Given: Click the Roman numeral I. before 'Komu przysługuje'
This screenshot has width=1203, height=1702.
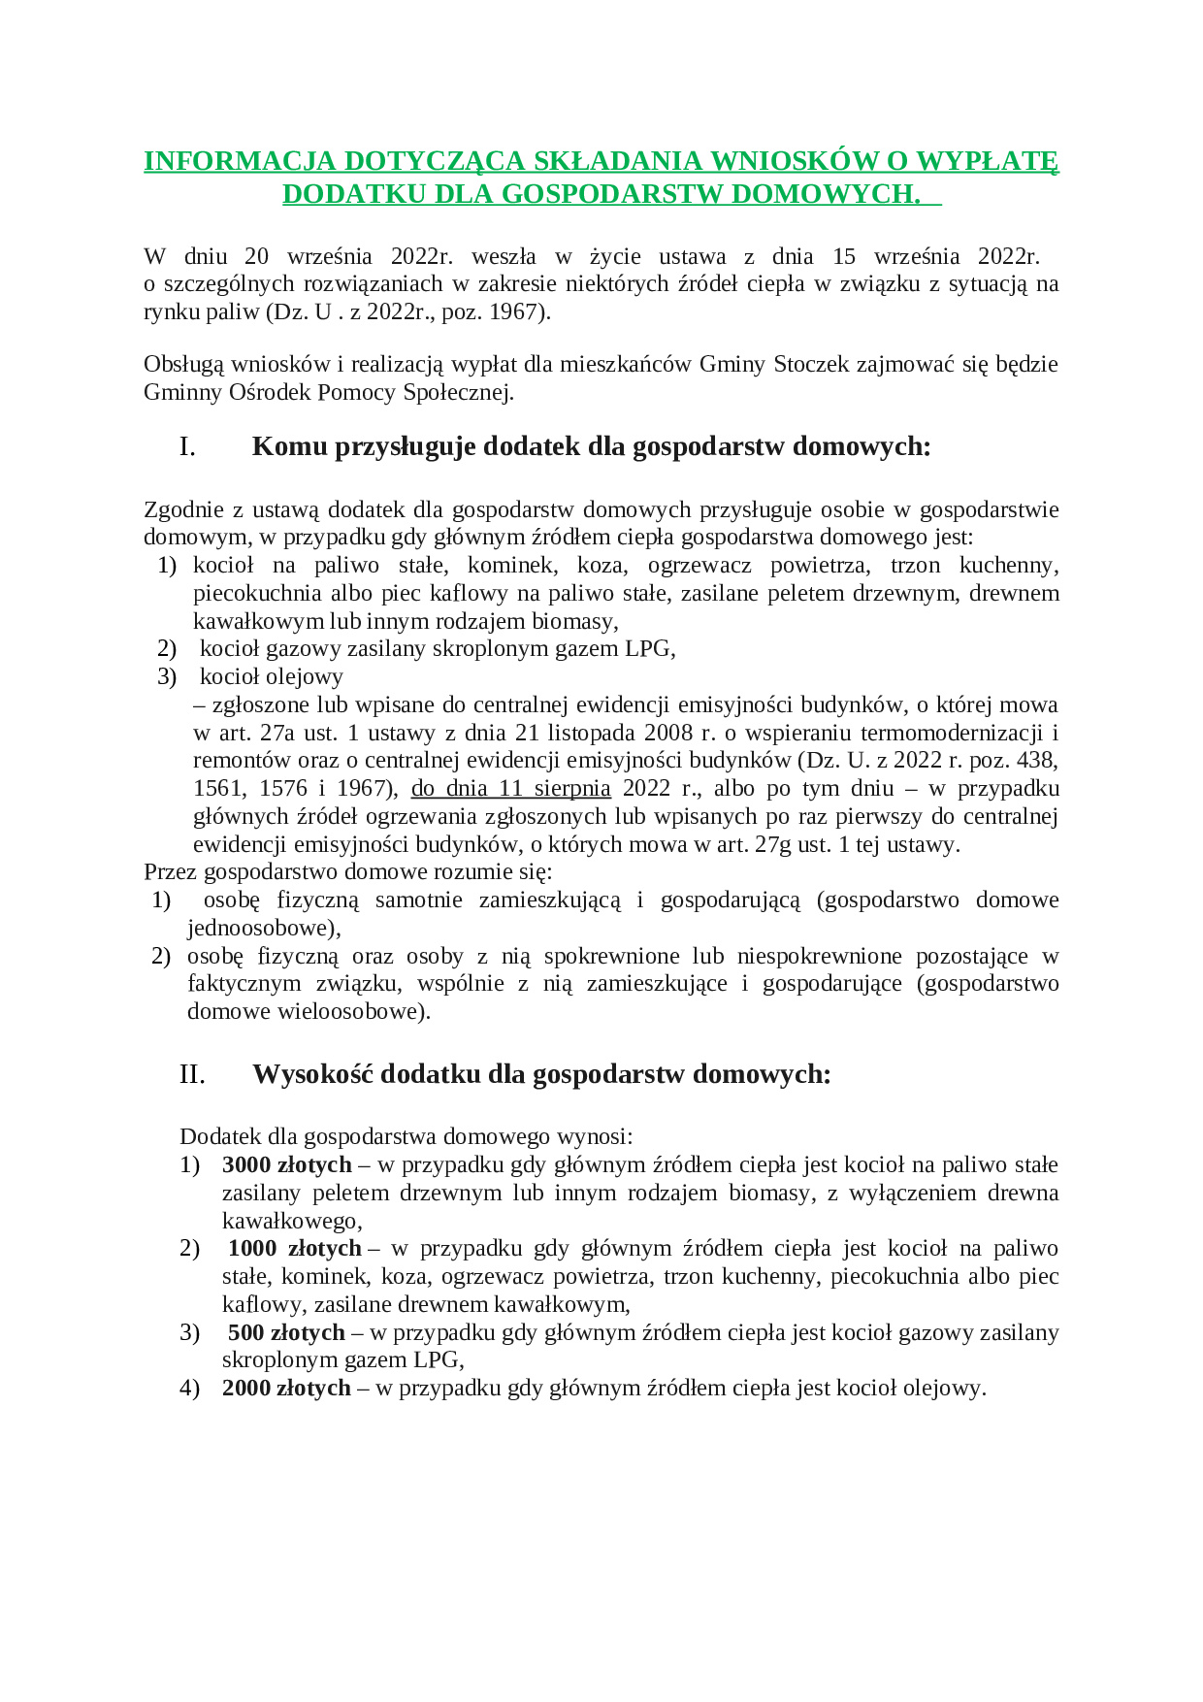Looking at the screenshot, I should pyautogui.click(x=187, y=446).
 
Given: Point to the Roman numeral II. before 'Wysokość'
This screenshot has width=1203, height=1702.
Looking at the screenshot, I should pyautogui.click(x=192, y=1074).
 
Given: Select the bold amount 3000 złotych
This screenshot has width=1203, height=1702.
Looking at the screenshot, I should pyautogui.click(x=286, y=1164).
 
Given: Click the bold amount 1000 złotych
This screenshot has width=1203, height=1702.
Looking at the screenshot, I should pyautogui.click(x=294, y=1249).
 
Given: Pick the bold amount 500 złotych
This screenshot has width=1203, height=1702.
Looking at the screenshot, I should pyautogui.click(x=286, y=1332).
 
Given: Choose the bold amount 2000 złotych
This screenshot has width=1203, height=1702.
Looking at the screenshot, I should pyautogui.click(x=286, y=1389).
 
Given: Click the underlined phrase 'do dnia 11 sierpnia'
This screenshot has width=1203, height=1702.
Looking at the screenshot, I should pyautogui.click(x=510, y=788).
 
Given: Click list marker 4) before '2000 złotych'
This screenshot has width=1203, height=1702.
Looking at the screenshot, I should pyautogui.click(x=189, y=1389).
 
